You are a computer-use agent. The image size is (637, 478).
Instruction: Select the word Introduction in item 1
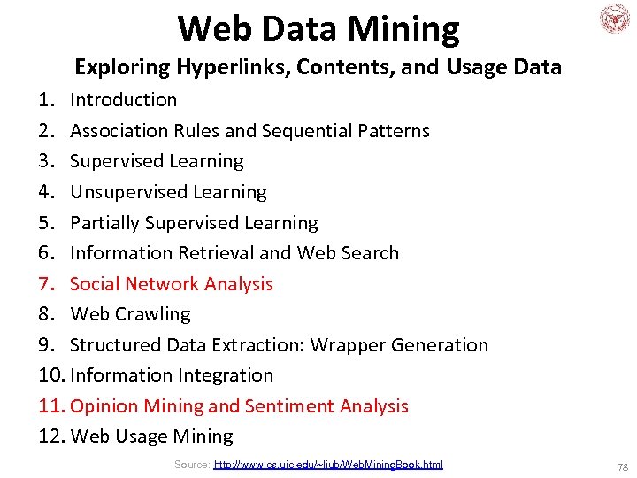124,100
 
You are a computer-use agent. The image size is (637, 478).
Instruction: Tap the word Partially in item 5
104,223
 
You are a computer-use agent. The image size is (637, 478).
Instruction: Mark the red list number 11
51,406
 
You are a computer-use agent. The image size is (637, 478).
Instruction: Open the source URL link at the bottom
328,465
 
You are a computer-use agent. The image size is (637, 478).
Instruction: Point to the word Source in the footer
191,465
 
